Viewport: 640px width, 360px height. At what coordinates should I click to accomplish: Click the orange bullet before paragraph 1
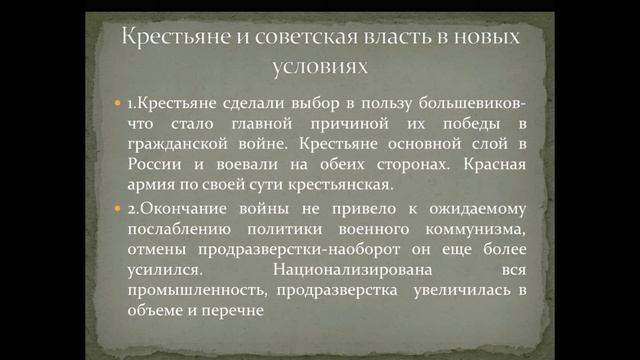click(x=118, y=105)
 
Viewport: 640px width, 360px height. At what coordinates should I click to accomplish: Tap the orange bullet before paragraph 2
click(x=118, y=209)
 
